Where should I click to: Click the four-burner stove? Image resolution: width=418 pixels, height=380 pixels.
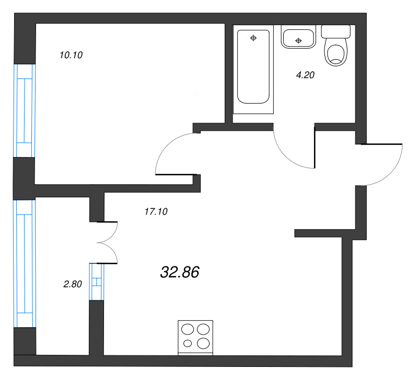[x=196, y=336]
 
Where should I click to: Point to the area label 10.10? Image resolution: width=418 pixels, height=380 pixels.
[x=72, y=54]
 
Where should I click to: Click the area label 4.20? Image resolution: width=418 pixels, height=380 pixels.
[x=305, y=75]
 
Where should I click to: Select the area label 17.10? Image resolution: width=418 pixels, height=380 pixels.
[x=155, y=211]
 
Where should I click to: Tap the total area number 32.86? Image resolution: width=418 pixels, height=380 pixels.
[x=179, y=272]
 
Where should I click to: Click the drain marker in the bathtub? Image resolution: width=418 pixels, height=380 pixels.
[x=253, y=38]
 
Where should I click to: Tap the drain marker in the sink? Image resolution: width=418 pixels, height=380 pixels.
[x=298, y=40]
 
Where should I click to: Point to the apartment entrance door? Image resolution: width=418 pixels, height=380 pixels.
[x=384, y=165]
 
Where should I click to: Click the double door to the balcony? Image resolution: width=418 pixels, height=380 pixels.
[x=109, y=242]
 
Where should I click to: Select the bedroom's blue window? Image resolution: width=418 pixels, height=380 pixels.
[x=24, y=110]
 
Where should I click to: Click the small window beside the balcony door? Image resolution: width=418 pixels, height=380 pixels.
[x=97, y=282]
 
